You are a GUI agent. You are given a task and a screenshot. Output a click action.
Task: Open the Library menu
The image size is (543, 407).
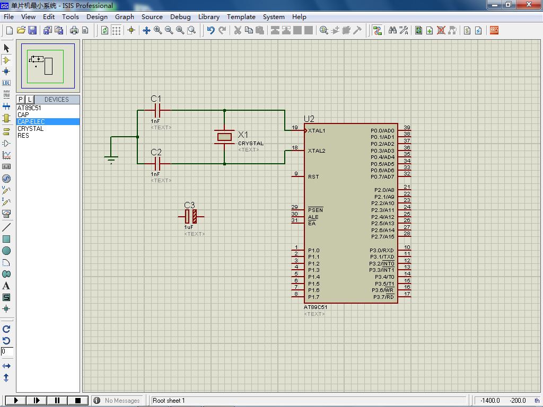[x=209, y=16]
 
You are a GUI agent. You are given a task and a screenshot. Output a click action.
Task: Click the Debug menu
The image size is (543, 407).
[x=180, y=16]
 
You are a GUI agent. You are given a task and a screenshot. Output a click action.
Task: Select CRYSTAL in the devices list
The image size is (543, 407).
[x=30, y=128]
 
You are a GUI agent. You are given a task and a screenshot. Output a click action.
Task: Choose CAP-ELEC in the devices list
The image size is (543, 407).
[x=31, y=121]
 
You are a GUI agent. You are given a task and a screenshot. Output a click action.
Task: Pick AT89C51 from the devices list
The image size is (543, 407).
[x=29, y=108]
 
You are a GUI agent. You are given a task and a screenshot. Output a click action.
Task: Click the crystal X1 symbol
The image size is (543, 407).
[x=224, y=137]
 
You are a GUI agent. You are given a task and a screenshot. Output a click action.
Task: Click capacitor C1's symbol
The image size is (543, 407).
[x=157, y=110]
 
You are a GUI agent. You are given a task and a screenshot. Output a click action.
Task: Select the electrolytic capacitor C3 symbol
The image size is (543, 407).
[x=191, y=217]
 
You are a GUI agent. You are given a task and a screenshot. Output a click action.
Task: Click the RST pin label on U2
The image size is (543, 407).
[x=313, y=176]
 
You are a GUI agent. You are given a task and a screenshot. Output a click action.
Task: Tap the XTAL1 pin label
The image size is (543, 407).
[x=317, y=130]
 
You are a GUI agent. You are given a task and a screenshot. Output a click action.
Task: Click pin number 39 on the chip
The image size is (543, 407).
[x=407, y=127]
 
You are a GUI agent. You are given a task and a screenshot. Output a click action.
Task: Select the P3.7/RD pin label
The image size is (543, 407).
[x=384, y=297]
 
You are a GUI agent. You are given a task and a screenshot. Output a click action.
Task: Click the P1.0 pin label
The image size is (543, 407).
[x=314, y=250]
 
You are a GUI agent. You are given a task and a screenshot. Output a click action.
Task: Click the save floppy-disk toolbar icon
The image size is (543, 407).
[x=32, y=30]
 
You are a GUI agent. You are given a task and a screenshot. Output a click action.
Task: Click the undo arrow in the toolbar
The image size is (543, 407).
[x=211, y=30]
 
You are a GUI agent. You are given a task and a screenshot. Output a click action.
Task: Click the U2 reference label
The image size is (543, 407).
[x=309, y=119]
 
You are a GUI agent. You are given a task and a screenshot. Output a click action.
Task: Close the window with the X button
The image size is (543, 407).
[x=529, y=4]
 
